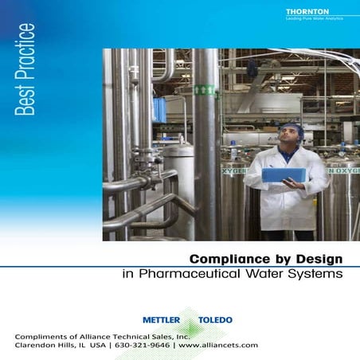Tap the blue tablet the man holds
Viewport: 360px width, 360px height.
(x=284, y=174)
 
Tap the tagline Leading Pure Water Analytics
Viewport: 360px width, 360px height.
(x=312, y=20)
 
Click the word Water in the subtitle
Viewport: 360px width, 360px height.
(x=263, y=274)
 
